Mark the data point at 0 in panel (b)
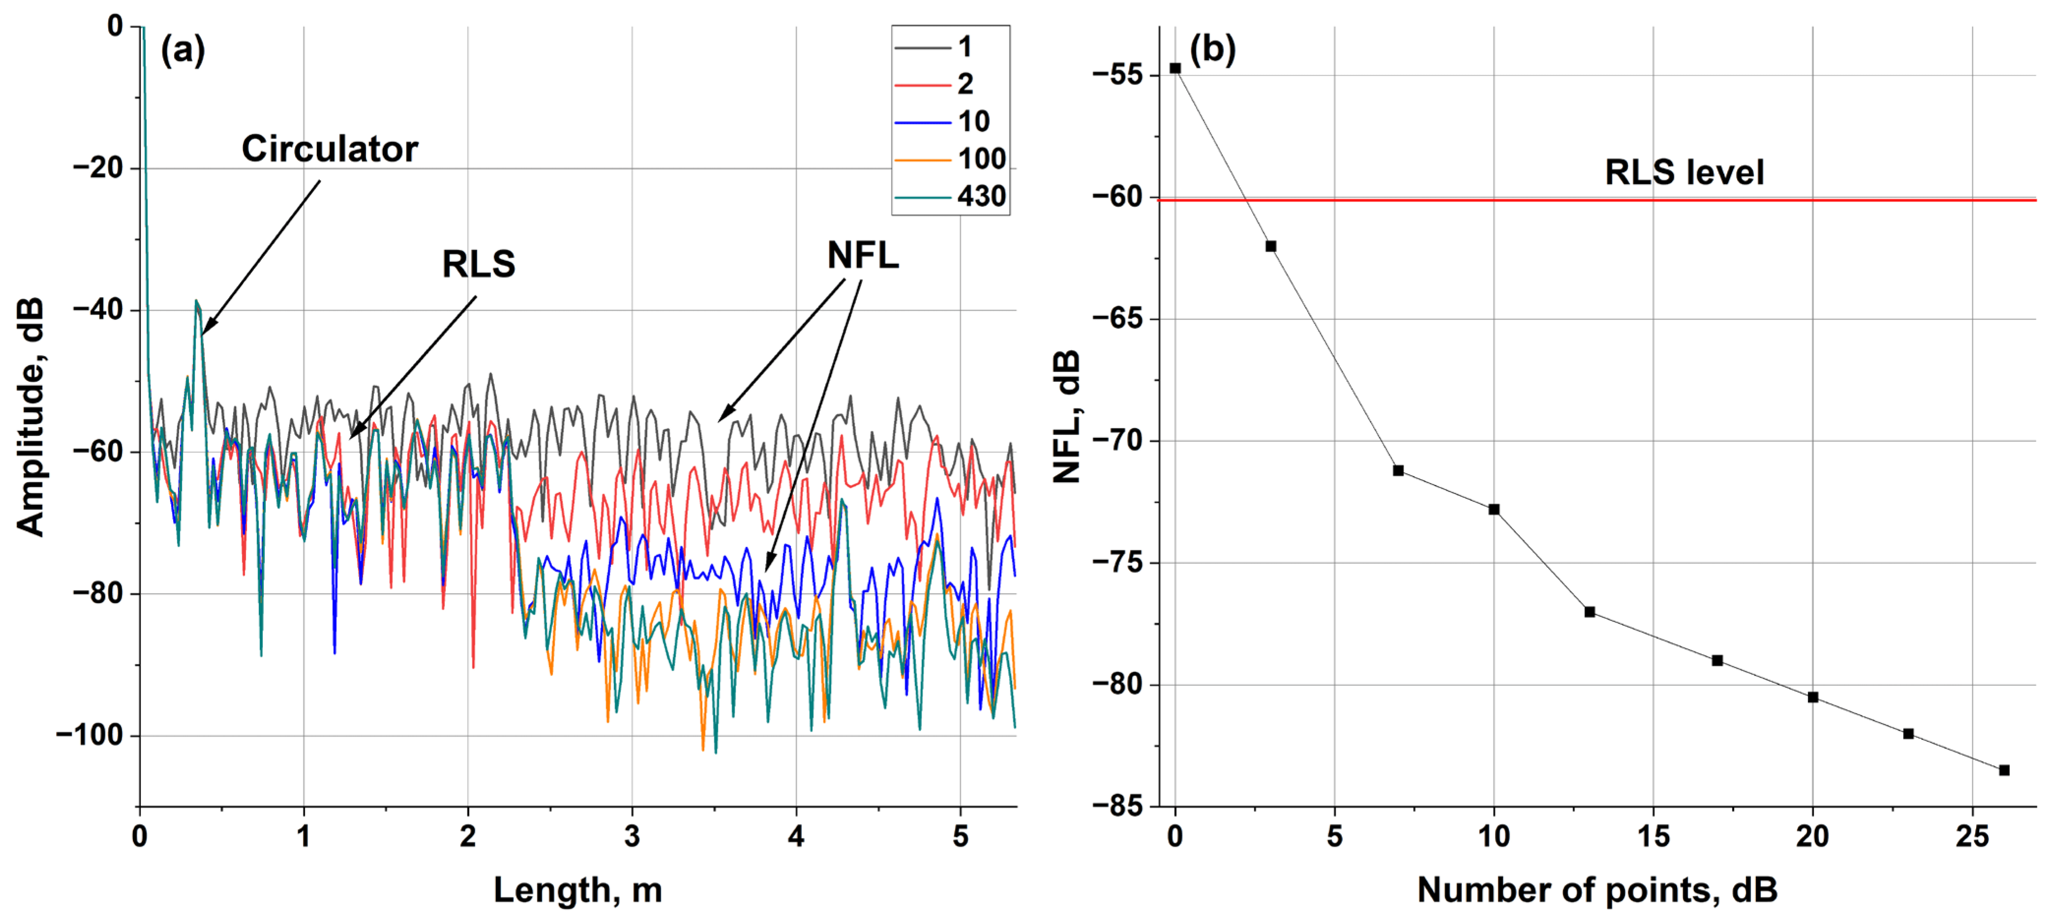click(x=1175, y=68)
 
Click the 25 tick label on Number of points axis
click(x=1972, y=837)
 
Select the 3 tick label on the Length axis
click(x=632, y=837)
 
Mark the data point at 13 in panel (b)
click(x=1589, y=612)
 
